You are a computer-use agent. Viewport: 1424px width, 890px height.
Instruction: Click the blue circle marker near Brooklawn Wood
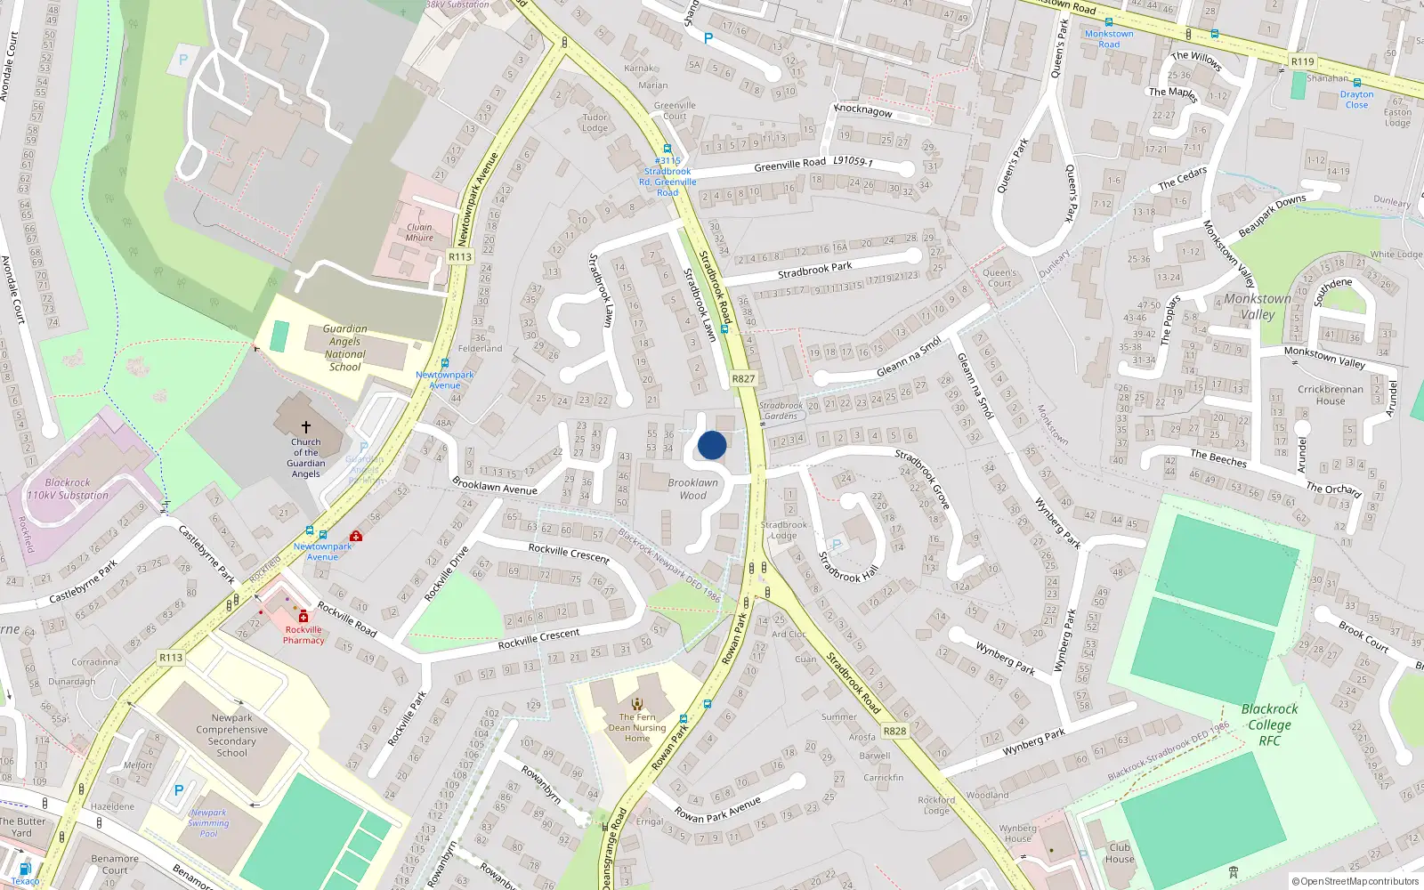pos(712,445)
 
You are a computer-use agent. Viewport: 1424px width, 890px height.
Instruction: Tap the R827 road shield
pos(743,378)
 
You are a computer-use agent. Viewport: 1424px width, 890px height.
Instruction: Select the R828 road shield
pos(894,731)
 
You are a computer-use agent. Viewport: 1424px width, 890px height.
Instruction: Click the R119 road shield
pos(1302,61)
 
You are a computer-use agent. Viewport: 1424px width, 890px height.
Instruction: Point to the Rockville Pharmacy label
pos(303,635)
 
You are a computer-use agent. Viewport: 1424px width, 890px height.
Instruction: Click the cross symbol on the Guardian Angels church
pos(306,427)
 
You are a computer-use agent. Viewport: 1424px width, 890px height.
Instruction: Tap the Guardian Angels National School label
pos(345,348)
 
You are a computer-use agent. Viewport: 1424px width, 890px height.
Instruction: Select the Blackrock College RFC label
pos(1269,724)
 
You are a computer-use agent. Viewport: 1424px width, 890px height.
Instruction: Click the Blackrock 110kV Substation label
pos(68,489)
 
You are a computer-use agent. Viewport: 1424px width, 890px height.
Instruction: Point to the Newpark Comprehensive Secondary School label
pos(232,735)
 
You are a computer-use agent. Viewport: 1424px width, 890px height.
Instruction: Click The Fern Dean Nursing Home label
pos(637,727)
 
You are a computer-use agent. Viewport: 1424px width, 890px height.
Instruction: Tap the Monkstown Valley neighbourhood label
pos(1257,306)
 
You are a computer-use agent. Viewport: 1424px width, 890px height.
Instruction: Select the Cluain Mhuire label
pos(419,232)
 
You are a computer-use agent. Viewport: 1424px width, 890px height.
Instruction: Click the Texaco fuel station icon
pos(25,869)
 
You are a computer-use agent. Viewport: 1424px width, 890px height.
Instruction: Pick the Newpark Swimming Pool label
pos(208,823)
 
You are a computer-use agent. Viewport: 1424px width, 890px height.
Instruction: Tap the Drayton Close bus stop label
pos(1356,99)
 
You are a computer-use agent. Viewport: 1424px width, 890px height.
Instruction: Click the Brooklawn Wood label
pos(692,489)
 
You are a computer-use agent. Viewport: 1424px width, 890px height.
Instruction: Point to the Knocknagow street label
pos(862,110)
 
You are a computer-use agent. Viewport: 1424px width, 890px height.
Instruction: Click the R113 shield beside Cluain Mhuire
pos(460,256)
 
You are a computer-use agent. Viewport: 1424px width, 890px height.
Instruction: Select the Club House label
pos(1120,853)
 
